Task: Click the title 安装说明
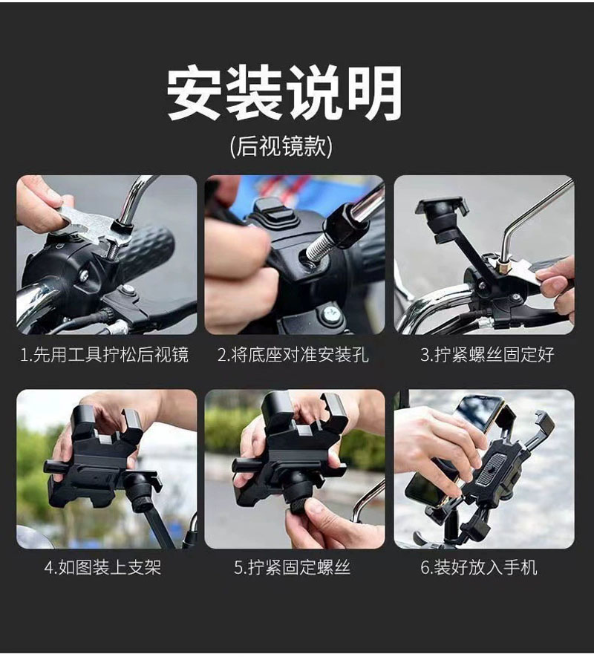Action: pos(284,94)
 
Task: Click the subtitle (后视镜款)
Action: pos(281,146)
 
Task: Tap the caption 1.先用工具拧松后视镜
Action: pos(105,355)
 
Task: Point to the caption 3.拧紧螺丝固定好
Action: pos(487,355)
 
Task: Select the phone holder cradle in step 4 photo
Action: pos(100,453)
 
